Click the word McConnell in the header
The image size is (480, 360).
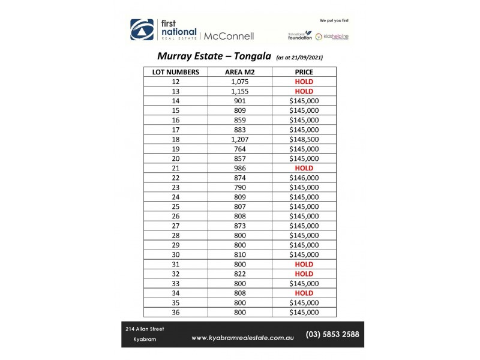[x=229, y=36]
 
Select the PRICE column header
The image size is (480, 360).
[x=304, y=72]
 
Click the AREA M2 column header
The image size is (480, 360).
[x=239, y=72]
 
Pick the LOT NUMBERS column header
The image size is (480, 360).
[x=175, y=72]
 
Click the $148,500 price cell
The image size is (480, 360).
[x=304, y=139]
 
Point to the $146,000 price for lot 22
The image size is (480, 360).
[x=304, y=178]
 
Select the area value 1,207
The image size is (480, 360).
[x=239, y=139]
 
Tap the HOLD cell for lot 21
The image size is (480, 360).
[x=304, y=168]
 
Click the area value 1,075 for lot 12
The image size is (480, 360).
[x=239, y=82]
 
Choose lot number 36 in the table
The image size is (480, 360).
[x=175, y=312]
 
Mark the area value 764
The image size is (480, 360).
[x=239, y=149]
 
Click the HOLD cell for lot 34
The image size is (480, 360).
[x=304, y=293]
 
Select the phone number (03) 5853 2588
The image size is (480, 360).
[x=332, y=335]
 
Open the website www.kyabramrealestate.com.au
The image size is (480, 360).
[x=242, y=338]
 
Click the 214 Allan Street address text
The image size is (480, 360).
[x=145, y=329]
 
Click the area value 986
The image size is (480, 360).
[x=239, y=168]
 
